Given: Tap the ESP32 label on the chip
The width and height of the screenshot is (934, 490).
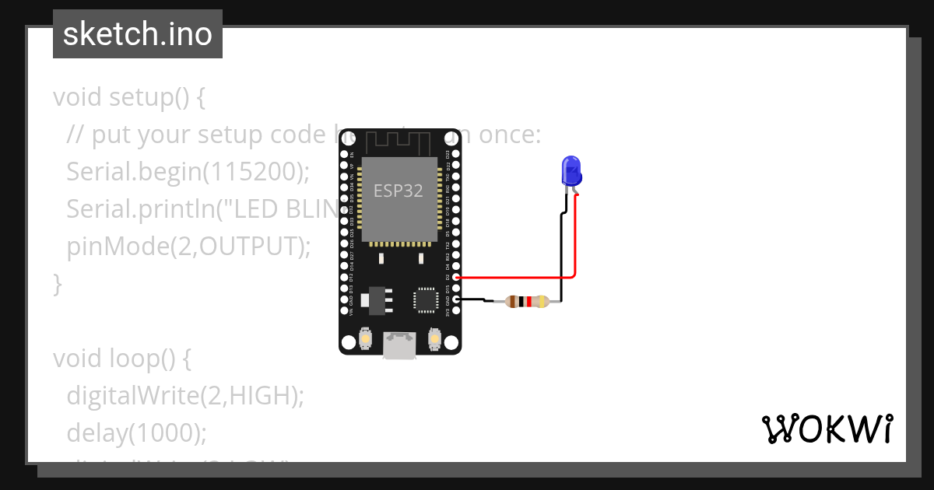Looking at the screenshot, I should tap(399, 191).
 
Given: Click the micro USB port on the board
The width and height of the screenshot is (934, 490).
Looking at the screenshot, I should tap(399, 345).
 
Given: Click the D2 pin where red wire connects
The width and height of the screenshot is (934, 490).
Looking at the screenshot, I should tap(456, 277).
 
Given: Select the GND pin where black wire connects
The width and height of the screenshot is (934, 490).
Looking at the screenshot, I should tap(456, 299).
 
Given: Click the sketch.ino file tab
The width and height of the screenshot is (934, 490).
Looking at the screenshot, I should tap(138, 35).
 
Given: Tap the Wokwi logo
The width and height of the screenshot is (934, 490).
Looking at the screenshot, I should tap(827, 429).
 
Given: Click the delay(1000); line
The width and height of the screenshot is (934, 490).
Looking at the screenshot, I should tap(136, 433).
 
